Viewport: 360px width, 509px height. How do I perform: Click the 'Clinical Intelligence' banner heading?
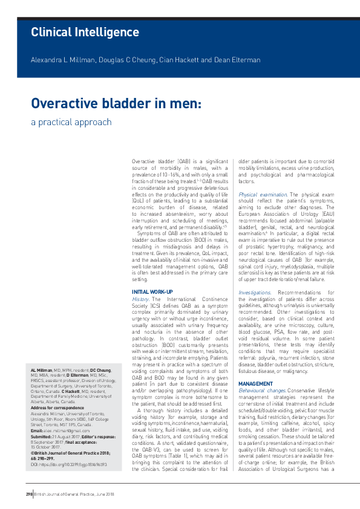click(x=85, y=32)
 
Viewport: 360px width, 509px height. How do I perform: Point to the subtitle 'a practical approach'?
click(x=71, y=122)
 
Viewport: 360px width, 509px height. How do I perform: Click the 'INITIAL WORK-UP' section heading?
click(x=152, y=293)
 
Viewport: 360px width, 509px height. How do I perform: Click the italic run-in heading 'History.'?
click(x=140, y=299)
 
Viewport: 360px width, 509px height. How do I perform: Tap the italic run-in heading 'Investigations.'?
click(x=254, y=293)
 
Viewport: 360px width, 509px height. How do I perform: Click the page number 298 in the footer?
click(x=28, y=494)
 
